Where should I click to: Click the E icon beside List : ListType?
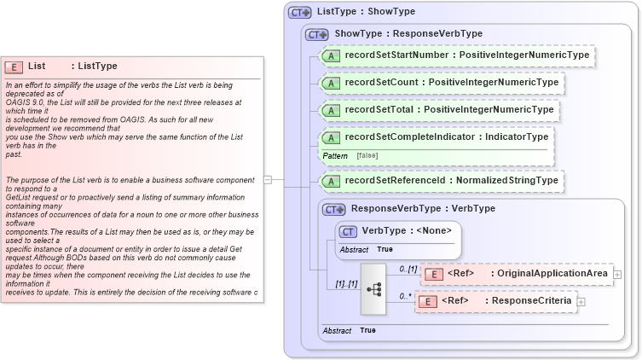(x=14, y=67)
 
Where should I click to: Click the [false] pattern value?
(x=368, y=155)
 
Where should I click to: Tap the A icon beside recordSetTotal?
(x=331, y=110)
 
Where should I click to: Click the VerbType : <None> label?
(x=406, y=230)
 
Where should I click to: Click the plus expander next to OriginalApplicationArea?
(x=617, y=274)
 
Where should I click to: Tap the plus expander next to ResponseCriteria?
(x=581, y=301)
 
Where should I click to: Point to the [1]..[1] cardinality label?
(x=345, y=283)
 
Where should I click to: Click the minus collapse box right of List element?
(x=268, y=180)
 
